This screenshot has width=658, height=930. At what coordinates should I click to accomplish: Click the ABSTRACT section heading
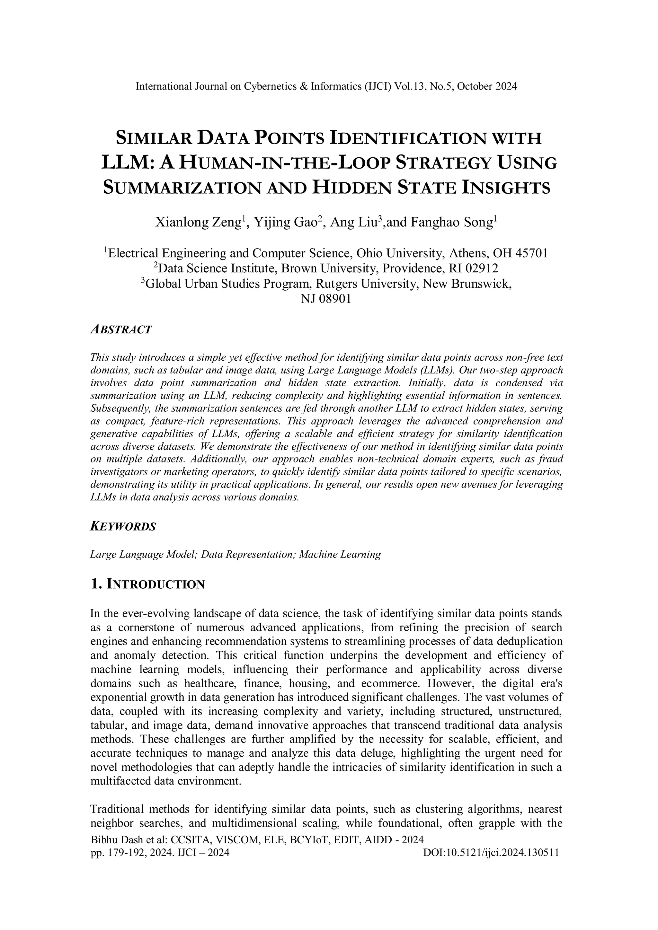pyautogui.click(x=121, y=329)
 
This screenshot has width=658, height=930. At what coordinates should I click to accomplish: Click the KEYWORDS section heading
pyautogui.click(x=123, y=527)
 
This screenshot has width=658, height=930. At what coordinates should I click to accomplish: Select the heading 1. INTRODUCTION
pyautogui.click(x=147, y=584)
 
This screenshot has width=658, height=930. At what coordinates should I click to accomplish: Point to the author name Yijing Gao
pyautogui.click(x=285, y=223)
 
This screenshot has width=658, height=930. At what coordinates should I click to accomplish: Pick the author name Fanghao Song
pyautogui.click(x=451, y=223)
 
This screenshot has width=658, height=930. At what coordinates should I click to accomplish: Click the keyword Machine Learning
pyautogui.click(x=340, y=555)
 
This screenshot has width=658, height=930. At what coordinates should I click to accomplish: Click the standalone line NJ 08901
pyautogui.click(x=325, y=299)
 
